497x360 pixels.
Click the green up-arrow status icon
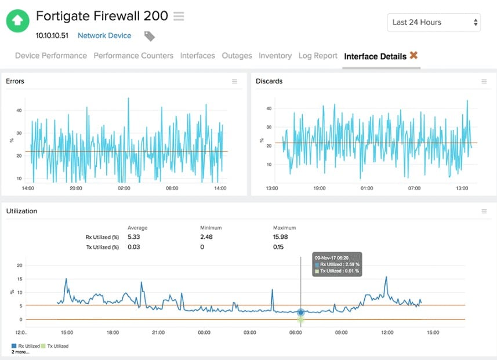pyautogui.click(x=18, y=20)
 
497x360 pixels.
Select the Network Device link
pyautogui.click(x=104, y=35)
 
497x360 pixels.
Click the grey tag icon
pyautogui.click(x=149, y=36)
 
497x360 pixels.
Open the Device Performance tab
pyautogui.click(x=51, y=56)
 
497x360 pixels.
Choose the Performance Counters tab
pyautogui.click(x=133, y=56)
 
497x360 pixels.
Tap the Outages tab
pyautogui.click(x=237, y=56)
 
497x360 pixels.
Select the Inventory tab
pyautogui.click(x=275, y=56)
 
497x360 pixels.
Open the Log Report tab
pyautogui.click(x=318, y=56)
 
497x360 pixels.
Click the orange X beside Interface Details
pyautogui.click(x=413, y=56)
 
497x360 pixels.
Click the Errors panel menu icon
pyautogui.click(x=234, y=82)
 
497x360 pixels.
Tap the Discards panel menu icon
pyautogui.click(x=484, y=82)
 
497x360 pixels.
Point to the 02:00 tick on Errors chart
pyautogui.click(x=124, y=188)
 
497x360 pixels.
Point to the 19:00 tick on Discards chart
pyautogui.click(x=319, y=188)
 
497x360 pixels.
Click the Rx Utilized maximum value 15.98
pyautogui.click(x=280, y=237)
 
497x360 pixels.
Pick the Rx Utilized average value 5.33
pyautogui.click(x=135, y=237)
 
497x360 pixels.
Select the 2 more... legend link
pyautogui.click(x=21, y=352)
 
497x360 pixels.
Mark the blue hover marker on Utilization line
pyautogui.click(x=300, y=312)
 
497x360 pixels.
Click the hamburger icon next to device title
pyautogui.click(x=179, y=17)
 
